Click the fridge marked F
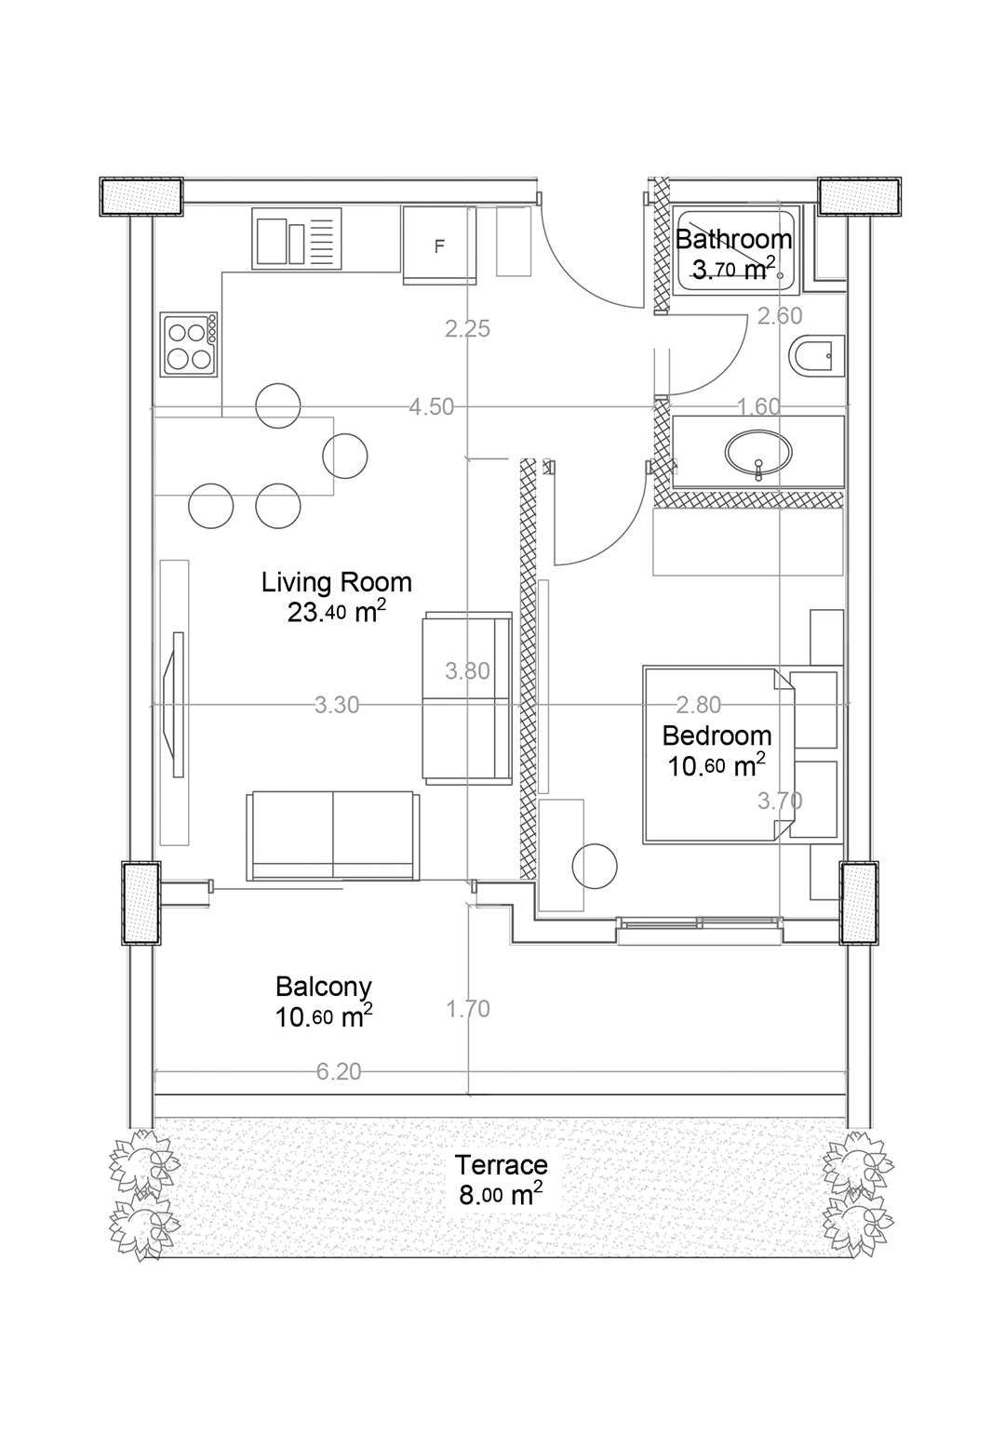coord(439,245)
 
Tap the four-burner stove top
coord(189,344)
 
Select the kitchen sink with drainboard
coord(296,238)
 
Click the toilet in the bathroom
coord(816,356)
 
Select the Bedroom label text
coord(717,736)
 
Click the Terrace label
coord(501,1165)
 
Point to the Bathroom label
coord(734,240)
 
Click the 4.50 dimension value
coord(431,406)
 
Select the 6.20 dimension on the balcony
coord(339,1072)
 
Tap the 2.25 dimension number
coord(468,328)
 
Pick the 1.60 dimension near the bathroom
coord(758,406)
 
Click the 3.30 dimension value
coord(337,705)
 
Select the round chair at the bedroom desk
coord(595,867)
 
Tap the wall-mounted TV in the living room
coord(175,705)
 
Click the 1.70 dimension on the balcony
coord(468,1009)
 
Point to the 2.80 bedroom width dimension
coord(699,705)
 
